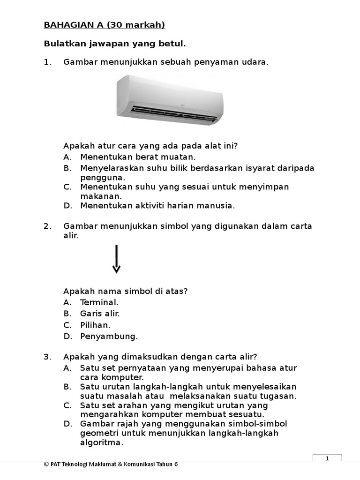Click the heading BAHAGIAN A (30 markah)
click(104, 25)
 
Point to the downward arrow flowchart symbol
click(116, 259)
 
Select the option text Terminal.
click(99, 302)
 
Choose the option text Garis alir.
click(100, 314)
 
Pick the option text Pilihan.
click(95, 325)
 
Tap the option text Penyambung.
click(109, 336)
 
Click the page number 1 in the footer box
click(327, 459)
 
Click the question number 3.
click(47, 357)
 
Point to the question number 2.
click(47, 226)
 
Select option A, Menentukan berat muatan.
click(138, 157)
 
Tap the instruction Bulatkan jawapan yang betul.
click(115, 44)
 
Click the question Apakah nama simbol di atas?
click(126, 291)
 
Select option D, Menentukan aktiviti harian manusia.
click(157, 205)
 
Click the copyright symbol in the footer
click(46, 464)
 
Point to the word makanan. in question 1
click(101, 196)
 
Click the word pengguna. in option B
click(103, 177)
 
